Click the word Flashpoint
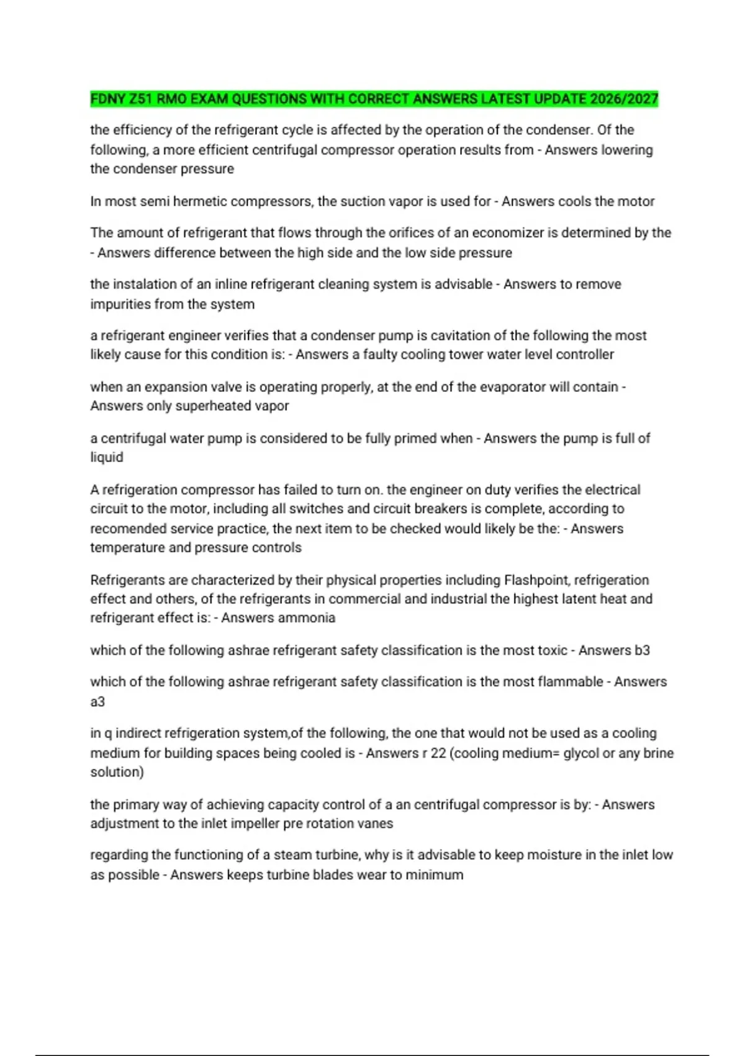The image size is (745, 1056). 536,580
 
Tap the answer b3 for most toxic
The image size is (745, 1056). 642,650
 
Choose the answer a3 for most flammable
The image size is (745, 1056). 97,702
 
